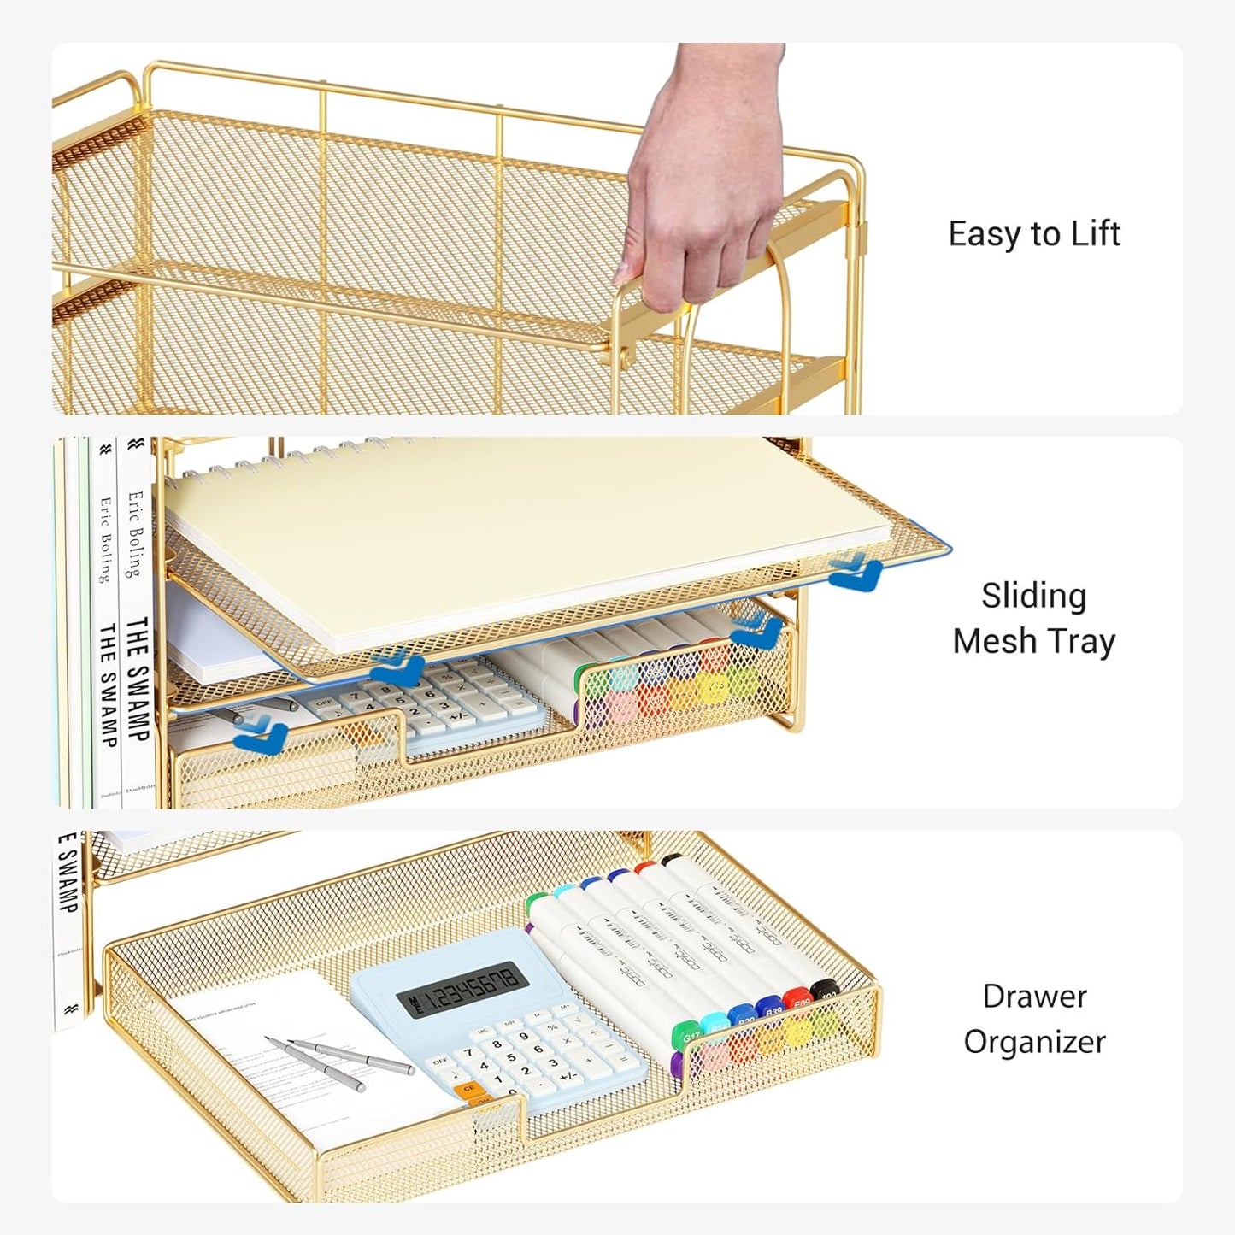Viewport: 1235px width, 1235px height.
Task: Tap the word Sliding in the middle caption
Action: pyautogui.click(x=1033, y=596)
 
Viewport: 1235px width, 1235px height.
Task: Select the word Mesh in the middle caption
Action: pyautogui.click(x=991, y=641)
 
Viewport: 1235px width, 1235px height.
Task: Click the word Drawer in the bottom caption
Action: pyautogui.click(x=1034, y=996)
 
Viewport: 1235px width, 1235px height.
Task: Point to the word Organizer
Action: pyautogui.click(x=1034, y=1042)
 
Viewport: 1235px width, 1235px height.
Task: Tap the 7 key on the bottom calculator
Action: pyautogui.click(x=467, y=1053)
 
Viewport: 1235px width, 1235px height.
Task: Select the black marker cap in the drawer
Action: pyautogui.click(x=826, y=991)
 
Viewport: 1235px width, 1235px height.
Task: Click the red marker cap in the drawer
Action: pyautogui.click(x=798, y=998)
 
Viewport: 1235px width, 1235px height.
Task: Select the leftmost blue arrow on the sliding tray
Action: pyautogui.click(x=260, y=733)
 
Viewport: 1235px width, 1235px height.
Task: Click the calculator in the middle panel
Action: pyautogui.click(x=436, y=701)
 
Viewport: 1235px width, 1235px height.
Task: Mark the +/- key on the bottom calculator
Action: pyautogui.click(x=568, y=1077)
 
